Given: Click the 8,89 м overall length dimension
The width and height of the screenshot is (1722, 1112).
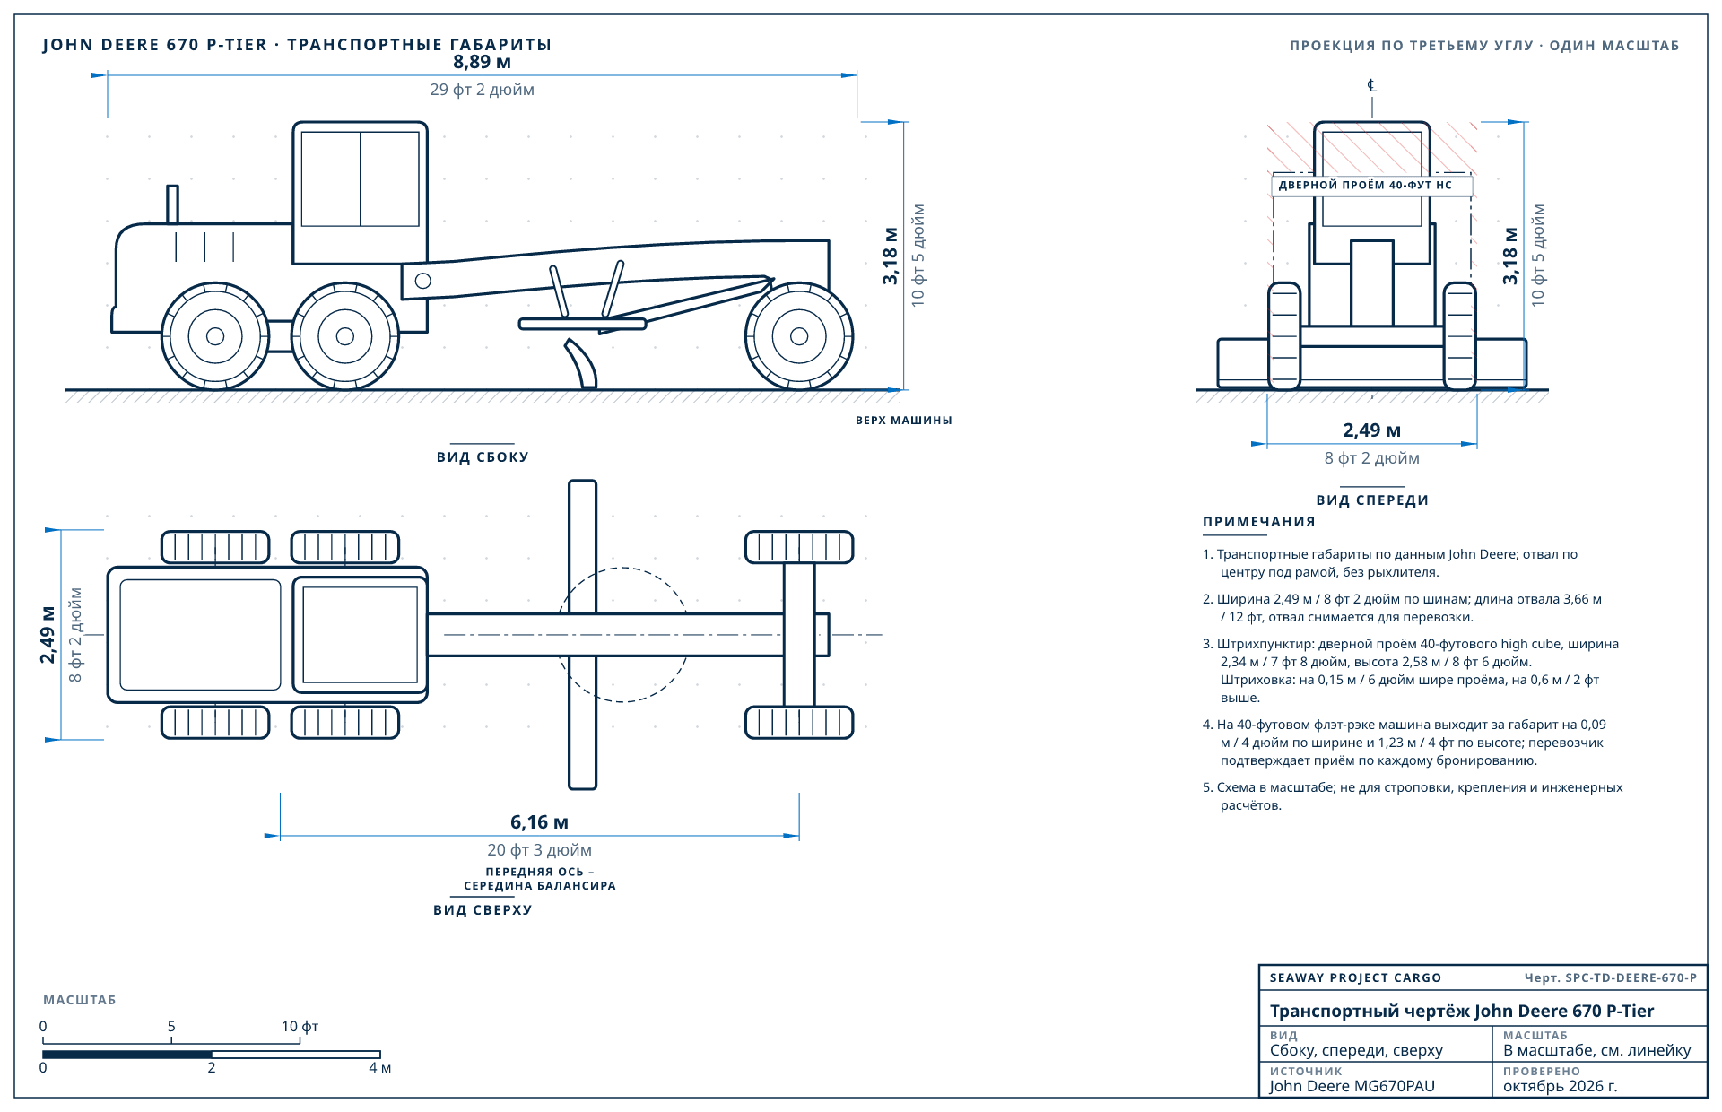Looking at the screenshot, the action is [482, 62].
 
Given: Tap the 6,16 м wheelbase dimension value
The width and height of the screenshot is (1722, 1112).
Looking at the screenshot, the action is [539, 822].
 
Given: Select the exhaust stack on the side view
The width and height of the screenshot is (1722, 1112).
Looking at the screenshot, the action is [172, 204].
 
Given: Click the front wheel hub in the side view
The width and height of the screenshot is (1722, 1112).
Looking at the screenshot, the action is [799, 336].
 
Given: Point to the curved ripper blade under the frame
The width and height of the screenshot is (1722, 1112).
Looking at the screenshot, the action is [582, 363].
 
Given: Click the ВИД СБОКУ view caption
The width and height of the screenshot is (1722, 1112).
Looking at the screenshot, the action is [483, 457].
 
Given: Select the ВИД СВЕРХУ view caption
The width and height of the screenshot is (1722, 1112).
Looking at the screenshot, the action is [483, 910].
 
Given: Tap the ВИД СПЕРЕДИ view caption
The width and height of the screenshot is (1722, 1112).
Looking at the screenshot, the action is [1372, 500].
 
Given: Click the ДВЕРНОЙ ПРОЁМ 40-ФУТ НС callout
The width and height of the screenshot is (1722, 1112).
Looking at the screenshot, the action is [1365, 186].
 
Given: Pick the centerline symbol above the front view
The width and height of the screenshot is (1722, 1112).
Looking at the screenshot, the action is [1371, 85].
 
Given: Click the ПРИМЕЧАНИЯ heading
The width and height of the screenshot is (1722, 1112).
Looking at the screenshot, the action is [1259, 522].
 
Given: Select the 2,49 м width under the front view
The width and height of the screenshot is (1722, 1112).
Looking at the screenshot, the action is [1371, 430].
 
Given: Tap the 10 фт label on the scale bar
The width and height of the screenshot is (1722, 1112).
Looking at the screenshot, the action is [300, 1026].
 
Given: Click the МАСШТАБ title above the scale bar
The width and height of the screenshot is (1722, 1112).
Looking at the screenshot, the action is [80, 1000].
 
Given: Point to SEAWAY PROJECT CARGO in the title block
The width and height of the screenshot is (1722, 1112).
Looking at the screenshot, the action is [1355, 977].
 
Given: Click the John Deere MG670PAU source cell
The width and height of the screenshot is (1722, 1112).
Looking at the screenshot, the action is [1352, 1086].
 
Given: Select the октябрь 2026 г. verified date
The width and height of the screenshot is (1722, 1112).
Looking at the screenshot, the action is [1561, 1086].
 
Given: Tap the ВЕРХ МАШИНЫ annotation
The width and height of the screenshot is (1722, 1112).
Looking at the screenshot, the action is [903, 421].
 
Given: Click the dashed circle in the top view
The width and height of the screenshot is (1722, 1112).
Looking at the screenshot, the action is [622, 568].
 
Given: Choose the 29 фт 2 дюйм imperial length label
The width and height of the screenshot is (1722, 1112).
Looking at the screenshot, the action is [482, 90].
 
